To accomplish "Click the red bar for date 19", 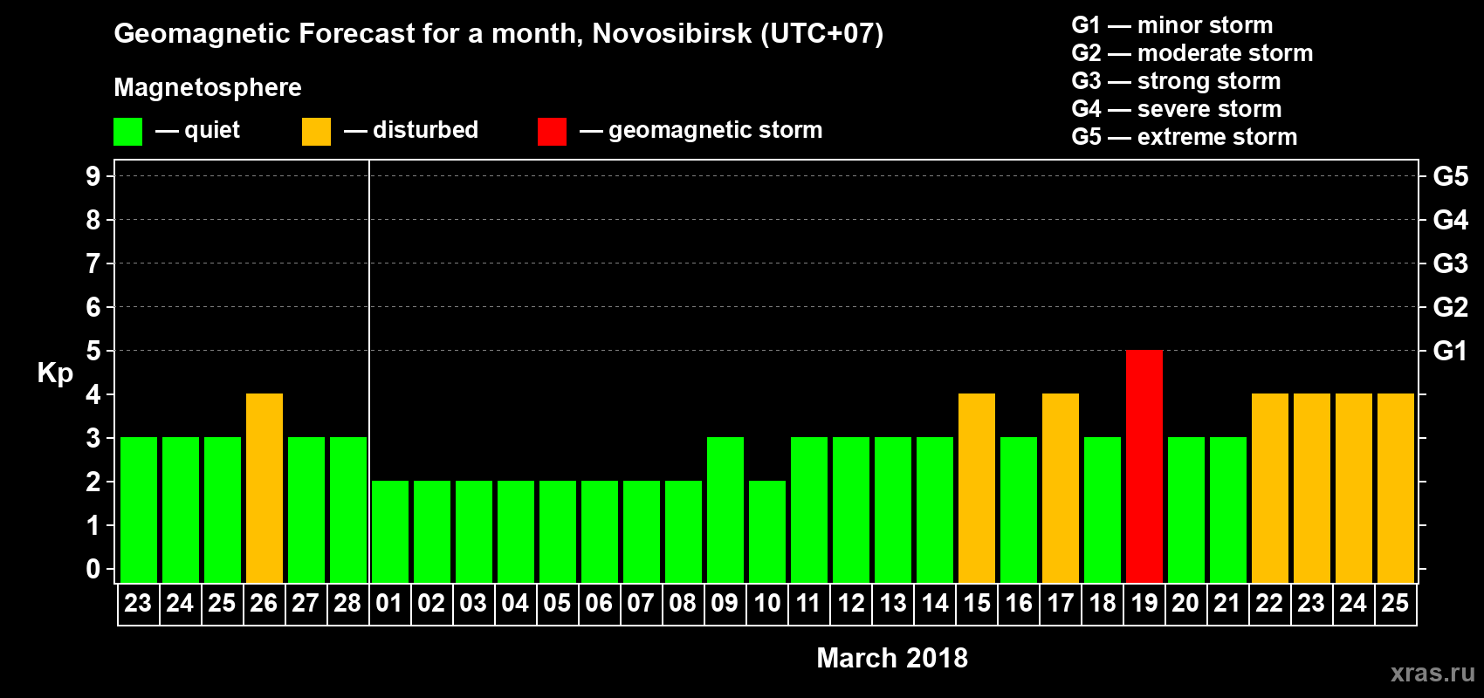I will tap(1144, 466).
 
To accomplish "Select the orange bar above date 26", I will tap(264, 488).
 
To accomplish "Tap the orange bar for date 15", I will tap(976, 488).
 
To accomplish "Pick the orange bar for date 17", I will tap(1060, 488).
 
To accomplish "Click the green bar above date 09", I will tap(725, 510).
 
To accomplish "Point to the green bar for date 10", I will tap(766, 531).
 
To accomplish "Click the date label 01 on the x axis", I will tap(388, 603).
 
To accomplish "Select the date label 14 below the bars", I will tap(934, 603).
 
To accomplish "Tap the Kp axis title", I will tap(55, 373).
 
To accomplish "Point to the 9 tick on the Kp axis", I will tap(93, 176).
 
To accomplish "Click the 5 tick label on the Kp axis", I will tap(93, 351).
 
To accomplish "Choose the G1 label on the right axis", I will tap(1450, 351).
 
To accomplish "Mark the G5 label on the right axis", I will tap(1450, 176).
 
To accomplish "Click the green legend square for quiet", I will tap(127, 132).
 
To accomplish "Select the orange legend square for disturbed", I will tap(316, 132).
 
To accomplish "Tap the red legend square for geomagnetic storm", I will tap(552, 132).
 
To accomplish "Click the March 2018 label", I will tap(891, 658).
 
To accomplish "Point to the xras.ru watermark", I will tap(1432, 673).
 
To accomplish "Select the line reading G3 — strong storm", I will tap(1176, 81).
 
